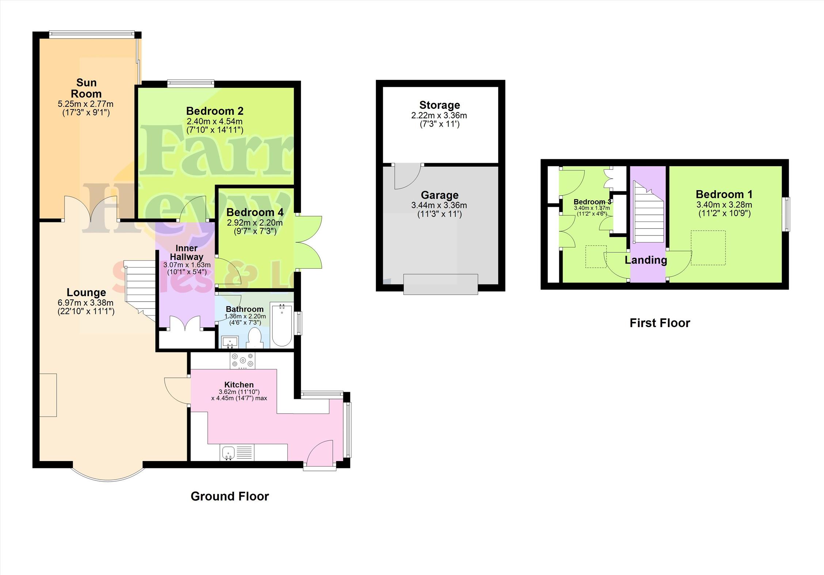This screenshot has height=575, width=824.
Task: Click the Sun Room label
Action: [x=86, y=88]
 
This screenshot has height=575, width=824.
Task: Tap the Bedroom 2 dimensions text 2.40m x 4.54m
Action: [x=215, y=121]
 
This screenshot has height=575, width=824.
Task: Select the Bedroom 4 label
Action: [x=255, y=212]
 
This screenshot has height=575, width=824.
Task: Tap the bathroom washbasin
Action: [x=230, y=342]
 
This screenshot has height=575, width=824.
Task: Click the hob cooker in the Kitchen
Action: [x=242, y=360]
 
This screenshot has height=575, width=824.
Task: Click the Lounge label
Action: [x=86, y=292]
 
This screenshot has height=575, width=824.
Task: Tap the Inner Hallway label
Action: [x=187, y=252]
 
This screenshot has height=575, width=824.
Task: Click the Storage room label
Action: [x=439, y=105]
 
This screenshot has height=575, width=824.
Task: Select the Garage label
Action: [x=439, y=195]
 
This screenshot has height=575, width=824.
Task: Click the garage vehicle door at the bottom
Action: [x=440, y=284]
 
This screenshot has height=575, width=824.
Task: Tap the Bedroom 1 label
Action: [x=724, y=194]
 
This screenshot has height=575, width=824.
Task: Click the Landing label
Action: [x=646, y=260]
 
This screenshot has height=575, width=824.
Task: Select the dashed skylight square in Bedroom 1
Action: [x=708, y=248]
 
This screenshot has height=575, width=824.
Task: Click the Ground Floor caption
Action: [x=230, y=496]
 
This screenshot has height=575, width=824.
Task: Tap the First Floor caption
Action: [x=660, y=323]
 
